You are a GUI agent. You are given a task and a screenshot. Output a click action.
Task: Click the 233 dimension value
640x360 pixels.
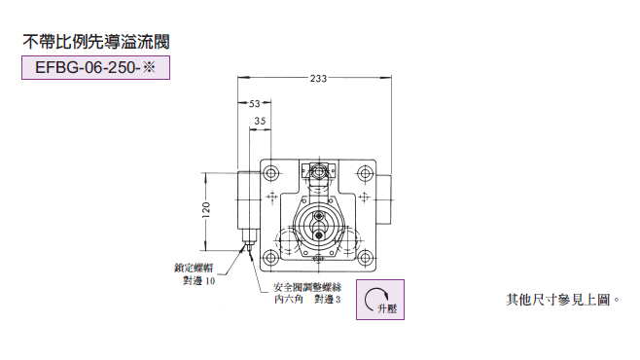318,79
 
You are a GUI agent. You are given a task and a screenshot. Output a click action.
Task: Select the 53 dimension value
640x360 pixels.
255,104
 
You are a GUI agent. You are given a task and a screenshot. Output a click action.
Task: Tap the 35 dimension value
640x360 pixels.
260,121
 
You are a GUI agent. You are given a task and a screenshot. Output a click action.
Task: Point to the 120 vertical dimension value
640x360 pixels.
206,210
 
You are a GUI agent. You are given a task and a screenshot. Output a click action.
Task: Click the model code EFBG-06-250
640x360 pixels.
88,67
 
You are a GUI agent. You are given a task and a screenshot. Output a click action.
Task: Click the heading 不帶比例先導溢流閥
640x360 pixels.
96,42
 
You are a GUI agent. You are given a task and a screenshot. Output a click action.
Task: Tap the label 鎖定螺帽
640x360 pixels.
194,269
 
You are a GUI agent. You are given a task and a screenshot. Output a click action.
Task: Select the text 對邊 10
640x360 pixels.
198,281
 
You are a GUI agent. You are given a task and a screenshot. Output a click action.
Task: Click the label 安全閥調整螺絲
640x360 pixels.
307,287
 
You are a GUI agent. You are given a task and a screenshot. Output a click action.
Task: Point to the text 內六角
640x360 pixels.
289,299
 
